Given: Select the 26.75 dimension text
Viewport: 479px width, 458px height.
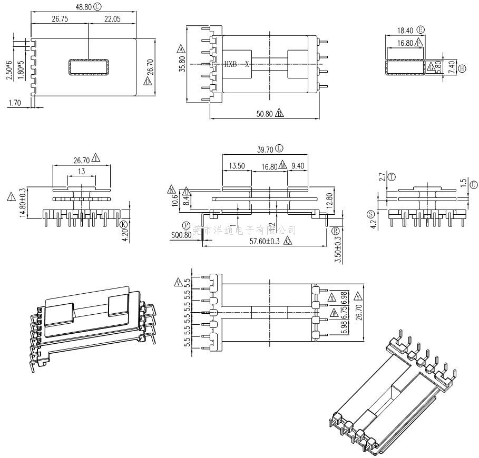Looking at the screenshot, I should click(62, 18).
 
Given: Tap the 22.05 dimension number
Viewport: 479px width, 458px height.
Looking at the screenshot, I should click(112, 18).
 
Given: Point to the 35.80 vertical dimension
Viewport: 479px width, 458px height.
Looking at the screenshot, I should click(182, 64).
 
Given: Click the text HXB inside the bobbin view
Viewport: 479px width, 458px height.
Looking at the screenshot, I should click(230, 64).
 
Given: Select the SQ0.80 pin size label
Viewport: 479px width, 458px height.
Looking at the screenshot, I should click(181, 235).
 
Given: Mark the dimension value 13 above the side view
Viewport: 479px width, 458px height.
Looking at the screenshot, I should click(82, 172).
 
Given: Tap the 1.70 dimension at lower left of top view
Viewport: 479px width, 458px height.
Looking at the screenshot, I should click(14, 103).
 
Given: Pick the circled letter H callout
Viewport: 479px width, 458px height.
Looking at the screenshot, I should click(462, 68).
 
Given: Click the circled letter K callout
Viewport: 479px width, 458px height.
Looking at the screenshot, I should click(124, 224).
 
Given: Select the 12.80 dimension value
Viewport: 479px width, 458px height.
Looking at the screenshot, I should click(329, 200).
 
